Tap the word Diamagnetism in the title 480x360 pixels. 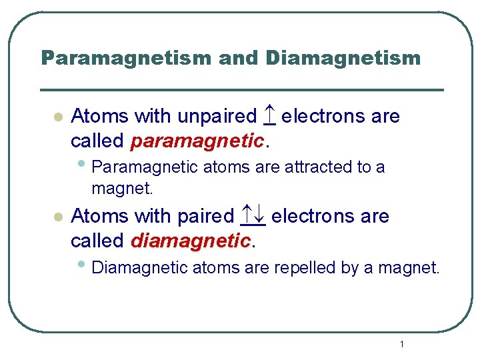tap(343, 59)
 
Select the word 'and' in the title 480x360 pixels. tap(238, 59)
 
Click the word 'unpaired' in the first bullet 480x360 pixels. tap(217, 117)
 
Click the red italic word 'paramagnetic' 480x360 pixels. tap(197, 141)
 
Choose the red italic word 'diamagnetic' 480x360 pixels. tap(191, 241)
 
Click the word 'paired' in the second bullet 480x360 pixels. tap(205, 217)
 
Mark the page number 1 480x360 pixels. tap(402, 344)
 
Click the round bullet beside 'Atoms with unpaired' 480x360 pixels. tap(57, 117)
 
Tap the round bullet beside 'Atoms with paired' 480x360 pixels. tap(57, 217)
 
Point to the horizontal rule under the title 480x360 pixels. tap(241, 89)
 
